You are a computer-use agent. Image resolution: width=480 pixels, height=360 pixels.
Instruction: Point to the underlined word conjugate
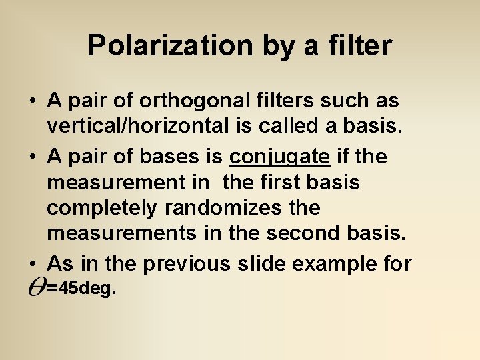click(x=279, y=157)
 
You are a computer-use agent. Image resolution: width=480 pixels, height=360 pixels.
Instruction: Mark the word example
click(x=339, y=264)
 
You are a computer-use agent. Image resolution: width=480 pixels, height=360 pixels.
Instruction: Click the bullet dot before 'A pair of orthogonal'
click(x=32, y=102)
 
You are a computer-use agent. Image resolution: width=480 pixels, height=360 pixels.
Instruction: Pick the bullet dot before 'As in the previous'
click(x=32, y=265)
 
